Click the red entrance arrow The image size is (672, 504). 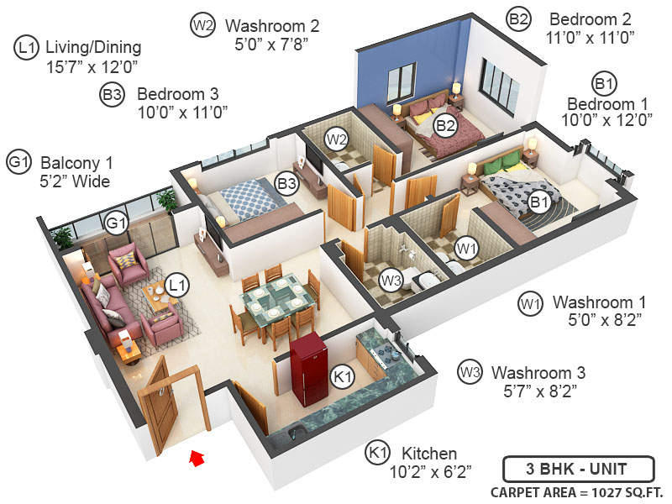(197, 457)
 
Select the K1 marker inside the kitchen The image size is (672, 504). (341, 378)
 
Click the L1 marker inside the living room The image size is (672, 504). (176, 286)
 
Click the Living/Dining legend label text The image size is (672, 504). (92, 47)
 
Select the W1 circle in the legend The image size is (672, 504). (528, 302)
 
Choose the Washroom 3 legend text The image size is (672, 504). (538, 372)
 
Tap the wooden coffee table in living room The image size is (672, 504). (159, 296)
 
